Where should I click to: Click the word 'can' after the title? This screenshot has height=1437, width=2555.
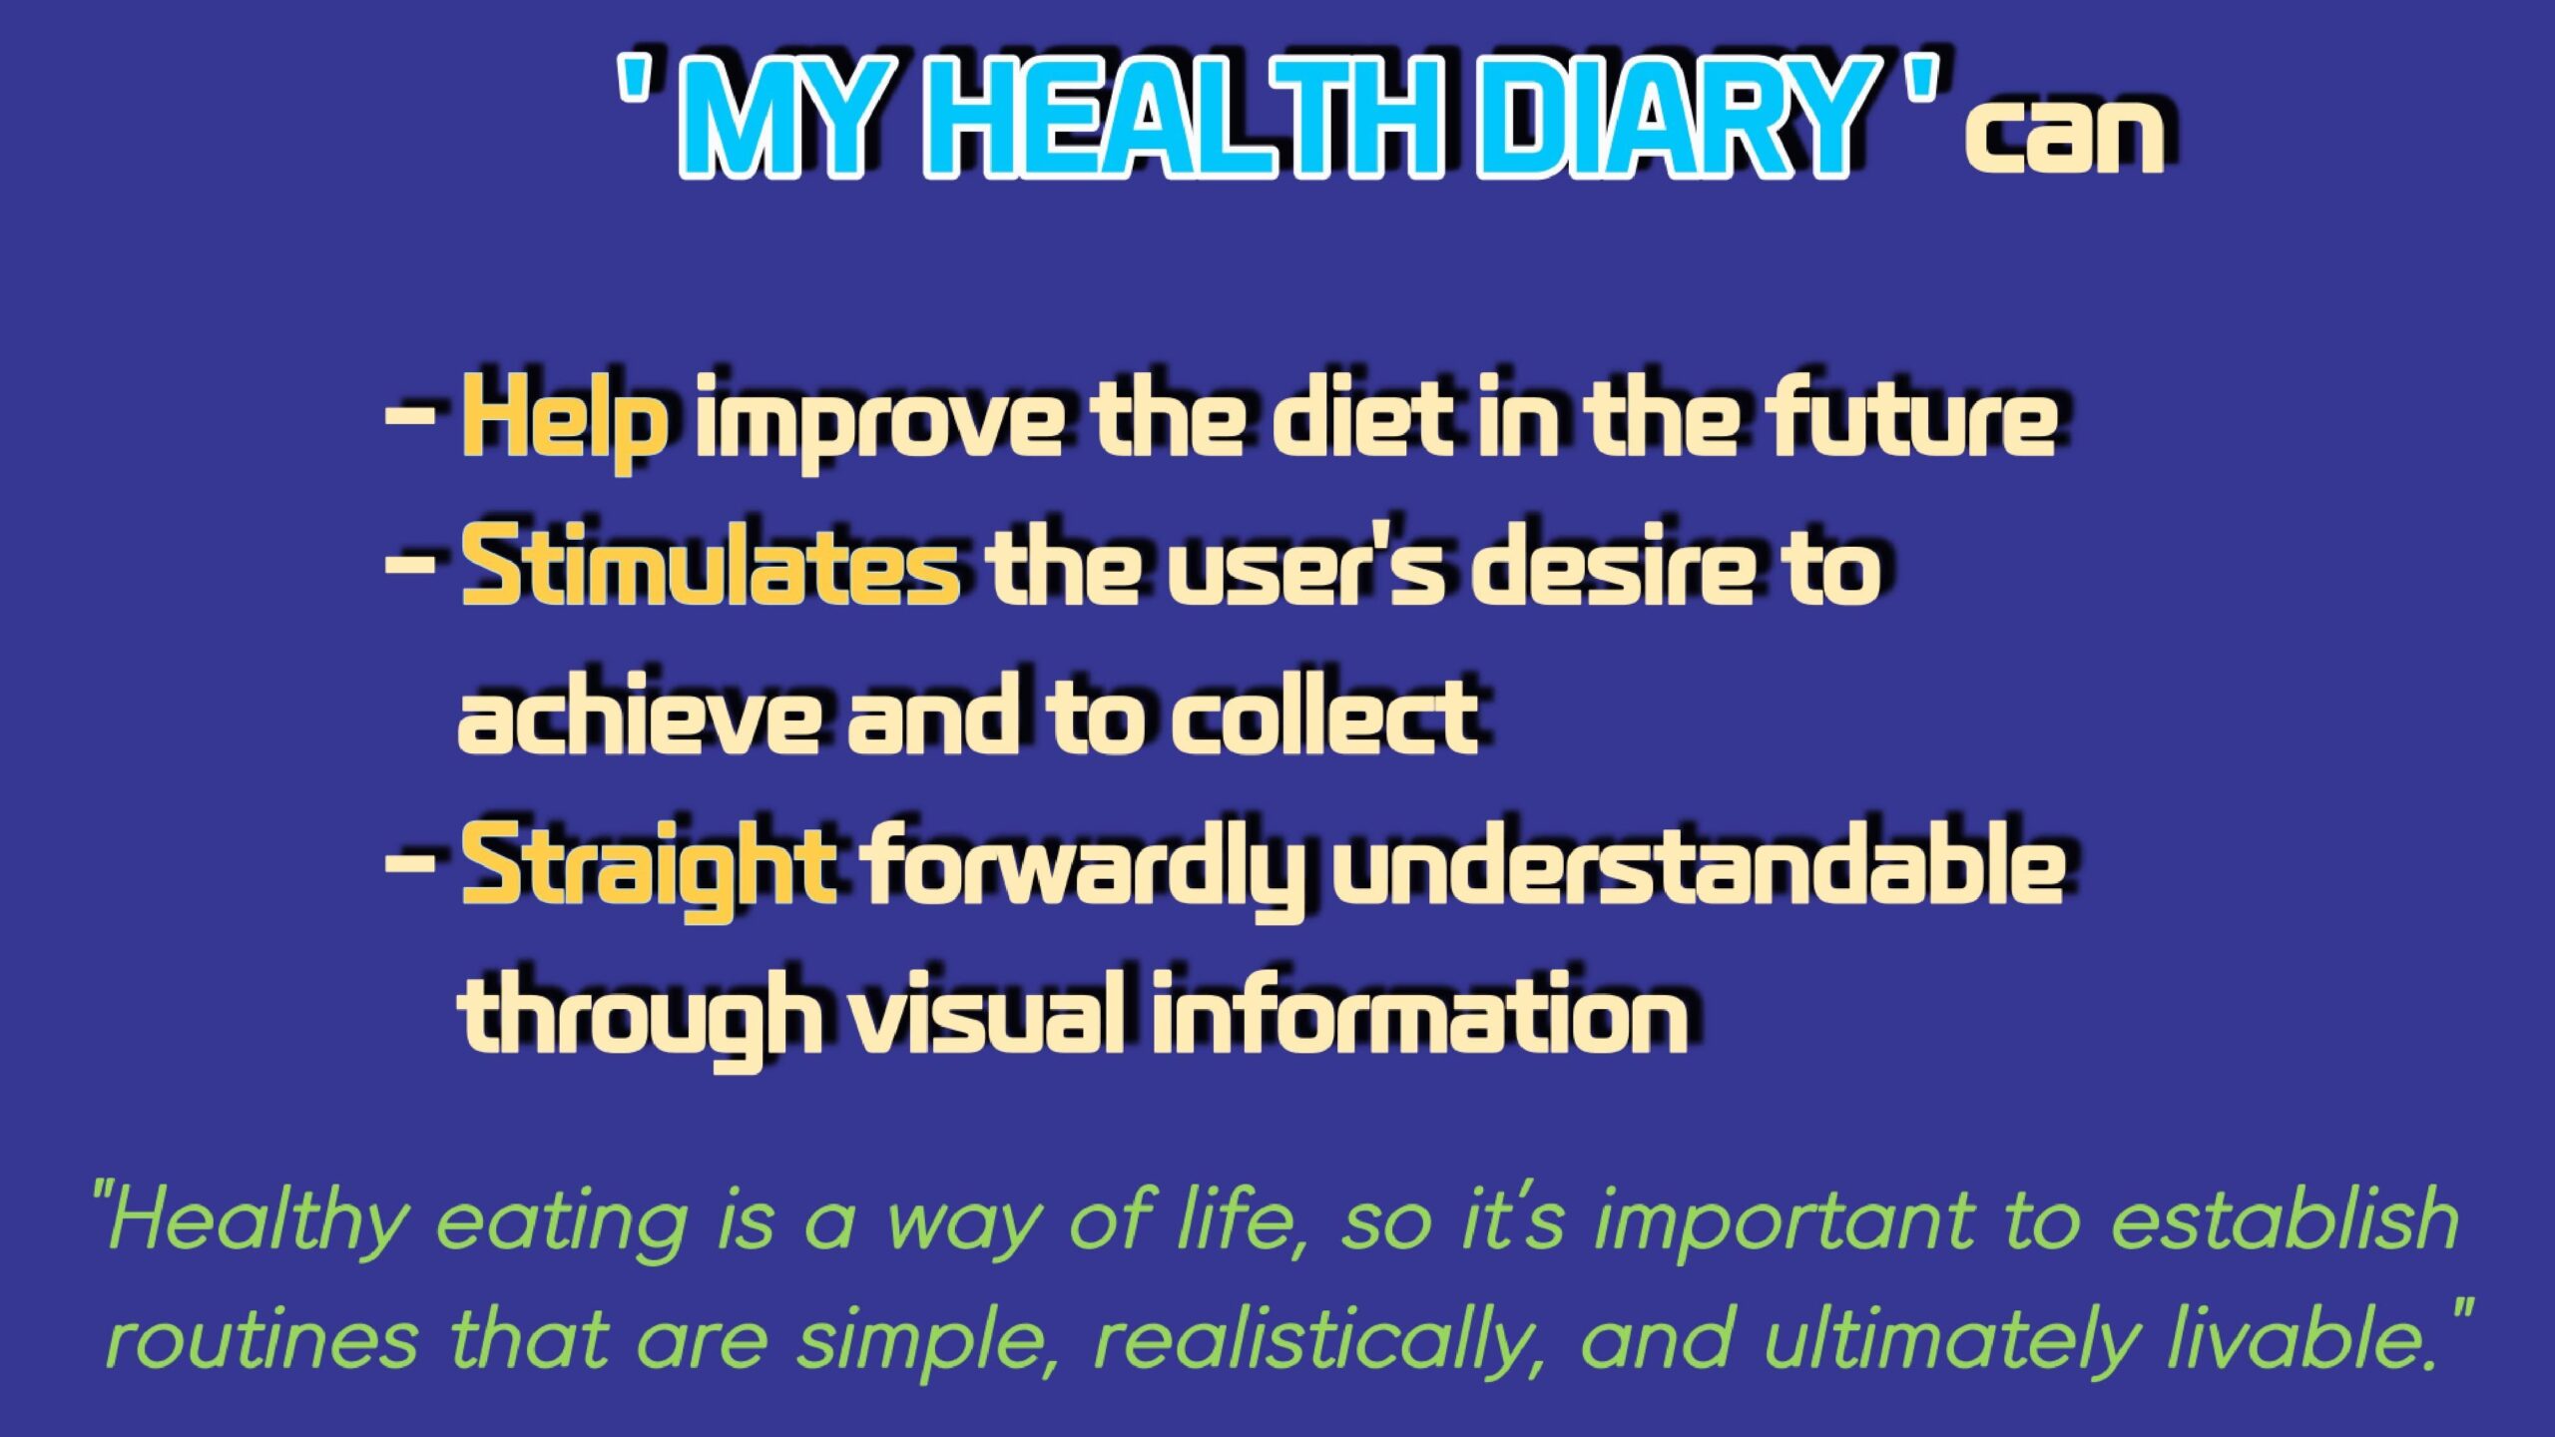[2064, 136]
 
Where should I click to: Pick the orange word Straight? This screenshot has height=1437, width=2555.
[648, 868]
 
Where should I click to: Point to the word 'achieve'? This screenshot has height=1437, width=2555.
[640, 713]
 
